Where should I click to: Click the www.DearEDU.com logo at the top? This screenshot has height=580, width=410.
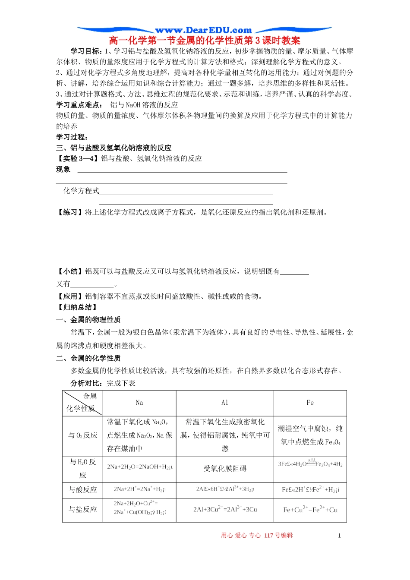[204, 30]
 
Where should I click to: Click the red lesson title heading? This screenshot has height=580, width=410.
[205, 41]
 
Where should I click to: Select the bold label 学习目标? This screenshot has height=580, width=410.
[86, 51]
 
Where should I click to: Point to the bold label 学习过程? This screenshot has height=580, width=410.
[72, 137]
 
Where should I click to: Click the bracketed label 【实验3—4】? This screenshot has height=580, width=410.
[78, 159]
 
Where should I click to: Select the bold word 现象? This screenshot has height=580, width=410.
[63, 170]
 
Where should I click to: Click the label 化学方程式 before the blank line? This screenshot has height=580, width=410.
[81, 191]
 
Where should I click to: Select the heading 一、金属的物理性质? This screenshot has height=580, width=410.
[88, 320]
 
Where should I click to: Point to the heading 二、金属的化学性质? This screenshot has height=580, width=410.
[88, 358]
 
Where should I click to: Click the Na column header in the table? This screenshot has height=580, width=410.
[139, 403]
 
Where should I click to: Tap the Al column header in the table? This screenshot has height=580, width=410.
[225, 403]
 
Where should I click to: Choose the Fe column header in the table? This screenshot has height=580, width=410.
[310, 403]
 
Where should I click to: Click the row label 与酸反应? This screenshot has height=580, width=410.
[83, 490]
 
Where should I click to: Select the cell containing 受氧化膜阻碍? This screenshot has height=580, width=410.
[225, 469]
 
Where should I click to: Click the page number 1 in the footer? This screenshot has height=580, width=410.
[339, 536]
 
